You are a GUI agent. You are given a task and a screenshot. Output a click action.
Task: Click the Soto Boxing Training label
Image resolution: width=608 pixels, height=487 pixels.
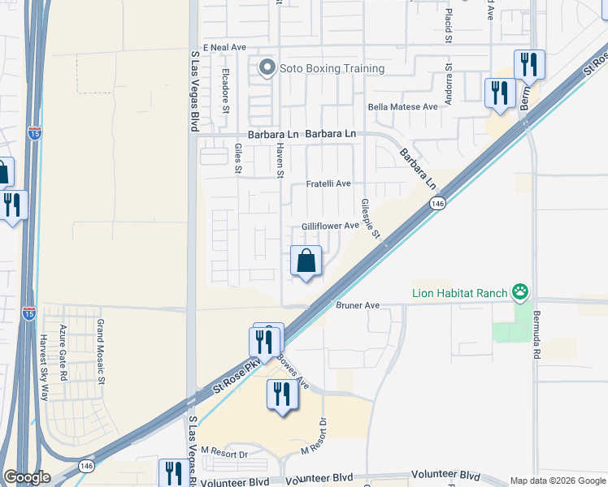tap(332, 68)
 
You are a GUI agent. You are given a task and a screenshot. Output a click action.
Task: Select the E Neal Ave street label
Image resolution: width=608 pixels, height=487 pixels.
tap(224, 48)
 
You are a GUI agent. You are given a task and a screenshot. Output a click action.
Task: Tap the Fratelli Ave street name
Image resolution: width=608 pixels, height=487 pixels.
tap(328, 184)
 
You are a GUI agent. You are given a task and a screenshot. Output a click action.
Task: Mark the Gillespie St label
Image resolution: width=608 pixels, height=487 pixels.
tap(371, 218)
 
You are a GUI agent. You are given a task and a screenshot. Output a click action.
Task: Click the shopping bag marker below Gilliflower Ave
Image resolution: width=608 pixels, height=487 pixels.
tap(306, 261)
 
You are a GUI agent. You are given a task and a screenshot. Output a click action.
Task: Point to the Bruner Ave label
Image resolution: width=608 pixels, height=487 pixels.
tap(358, 305)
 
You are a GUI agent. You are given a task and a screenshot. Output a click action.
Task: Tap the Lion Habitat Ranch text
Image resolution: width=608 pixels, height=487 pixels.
tap(458, 292)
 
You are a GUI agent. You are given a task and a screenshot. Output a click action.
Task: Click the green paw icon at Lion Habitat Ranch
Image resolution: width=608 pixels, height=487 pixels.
tap(519, 291)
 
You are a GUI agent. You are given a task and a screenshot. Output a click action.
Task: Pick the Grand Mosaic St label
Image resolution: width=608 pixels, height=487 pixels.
tap(101, 351)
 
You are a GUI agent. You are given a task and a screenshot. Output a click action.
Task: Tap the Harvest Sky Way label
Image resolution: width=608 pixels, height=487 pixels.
tap(46, 363)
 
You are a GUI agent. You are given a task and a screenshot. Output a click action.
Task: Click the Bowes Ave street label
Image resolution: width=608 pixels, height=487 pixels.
tap(292, 370)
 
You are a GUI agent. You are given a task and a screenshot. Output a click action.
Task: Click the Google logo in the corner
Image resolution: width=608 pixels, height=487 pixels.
tap(27, 477)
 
